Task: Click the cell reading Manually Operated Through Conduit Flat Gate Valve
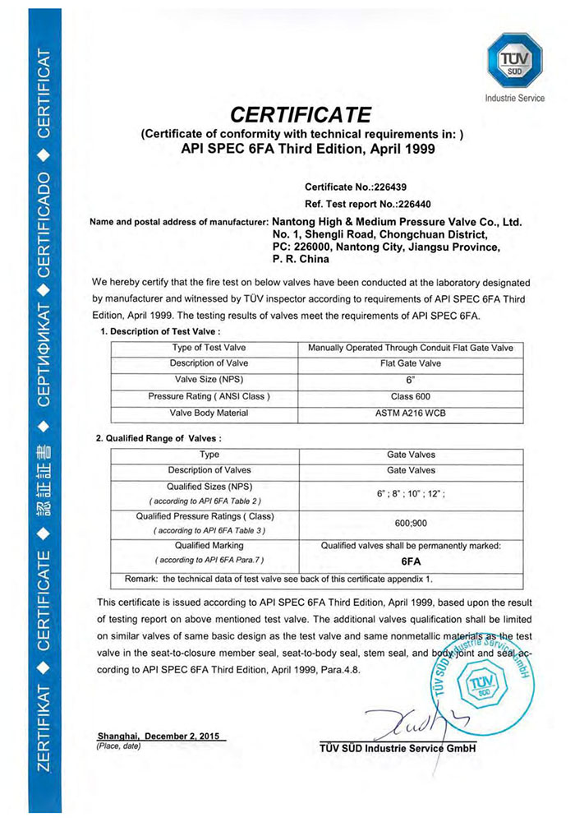[410, 348]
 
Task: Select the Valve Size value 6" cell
[410, 380]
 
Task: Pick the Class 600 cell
[410, 396]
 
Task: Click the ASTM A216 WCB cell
[410, 413]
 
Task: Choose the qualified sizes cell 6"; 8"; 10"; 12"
[410, 494]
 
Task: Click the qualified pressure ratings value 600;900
[410, 523]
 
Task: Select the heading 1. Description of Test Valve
[159, 330]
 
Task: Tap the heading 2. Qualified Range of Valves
[159, 438]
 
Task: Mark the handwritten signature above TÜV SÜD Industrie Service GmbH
[407, 722]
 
